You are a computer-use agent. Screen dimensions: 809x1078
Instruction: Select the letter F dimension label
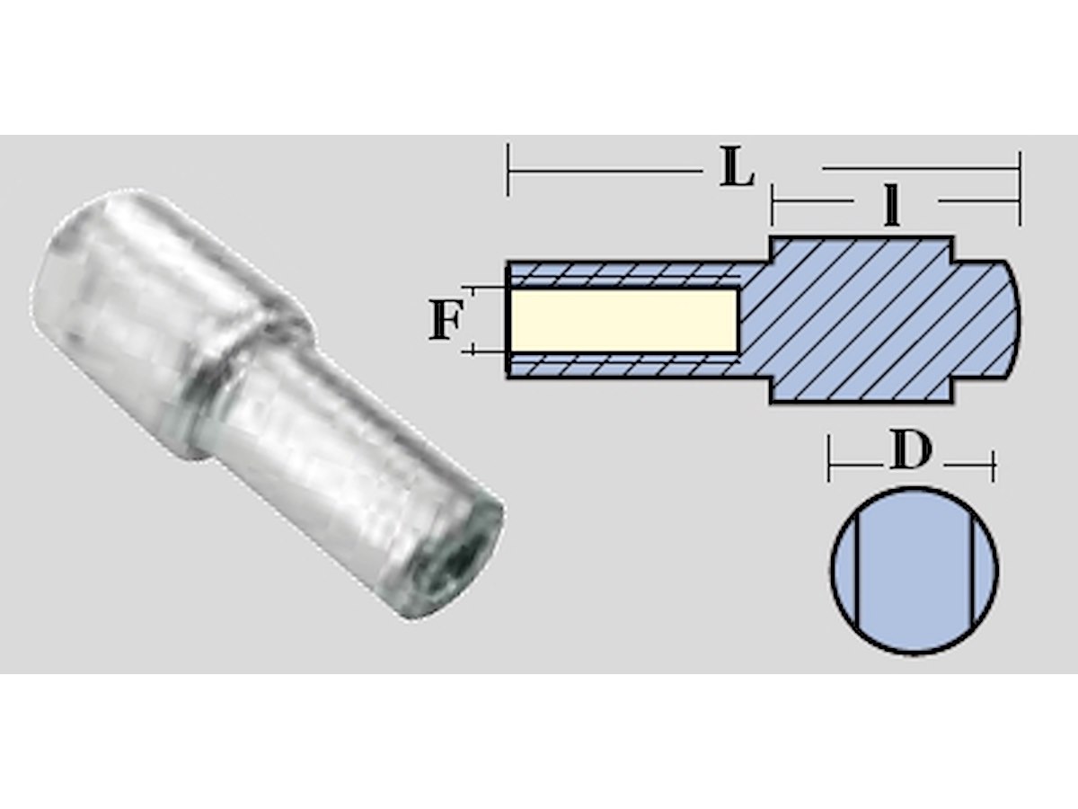coord(443,321)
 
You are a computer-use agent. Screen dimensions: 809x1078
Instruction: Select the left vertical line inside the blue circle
coord(857,570)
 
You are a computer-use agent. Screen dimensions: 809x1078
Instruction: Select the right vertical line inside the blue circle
coord(972,570)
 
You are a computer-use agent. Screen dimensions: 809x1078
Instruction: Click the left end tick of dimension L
coord(508,169)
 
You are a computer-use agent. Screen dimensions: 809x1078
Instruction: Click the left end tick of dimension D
coord(830,466)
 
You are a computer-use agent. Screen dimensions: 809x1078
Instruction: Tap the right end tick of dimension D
coord(993,466)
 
